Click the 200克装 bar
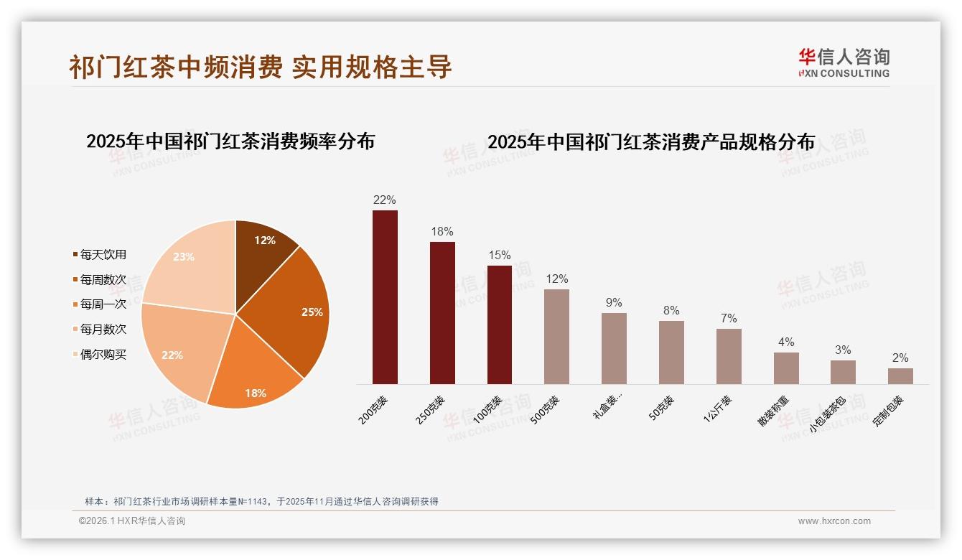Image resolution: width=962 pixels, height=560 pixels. (x=385, y=297)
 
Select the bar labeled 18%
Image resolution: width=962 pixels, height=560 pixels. (x=442, y=313)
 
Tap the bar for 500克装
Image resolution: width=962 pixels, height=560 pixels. (x=556, y=337)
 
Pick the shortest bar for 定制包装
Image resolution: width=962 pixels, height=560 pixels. (x=900, y=376)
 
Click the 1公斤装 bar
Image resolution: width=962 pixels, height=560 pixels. (x=729, y=356)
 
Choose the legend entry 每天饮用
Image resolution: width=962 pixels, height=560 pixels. (x=103, y=255)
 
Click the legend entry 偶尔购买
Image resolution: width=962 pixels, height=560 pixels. (x=103, y=355)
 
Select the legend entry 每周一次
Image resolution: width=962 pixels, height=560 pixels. (x=103, y=304)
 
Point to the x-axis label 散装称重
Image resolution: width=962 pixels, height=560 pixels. (x=774, y=411)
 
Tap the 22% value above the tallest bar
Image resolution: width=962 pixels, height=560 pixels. (x=384, y=200)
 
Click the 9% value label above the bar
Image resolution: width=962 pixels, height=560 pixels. (x=614, y=303)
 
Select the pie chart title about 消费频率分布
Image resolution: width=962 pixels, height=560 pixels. (x=230, y=141)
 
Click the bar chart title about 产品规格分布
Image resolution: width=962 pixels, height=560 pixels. (x=651, y=142)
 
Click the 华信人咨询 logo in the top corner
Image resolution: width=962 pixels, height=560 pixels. (x=844, y=62)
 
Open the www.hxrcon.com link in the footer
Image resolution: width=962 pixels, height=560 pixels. (x=834, y=521)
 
